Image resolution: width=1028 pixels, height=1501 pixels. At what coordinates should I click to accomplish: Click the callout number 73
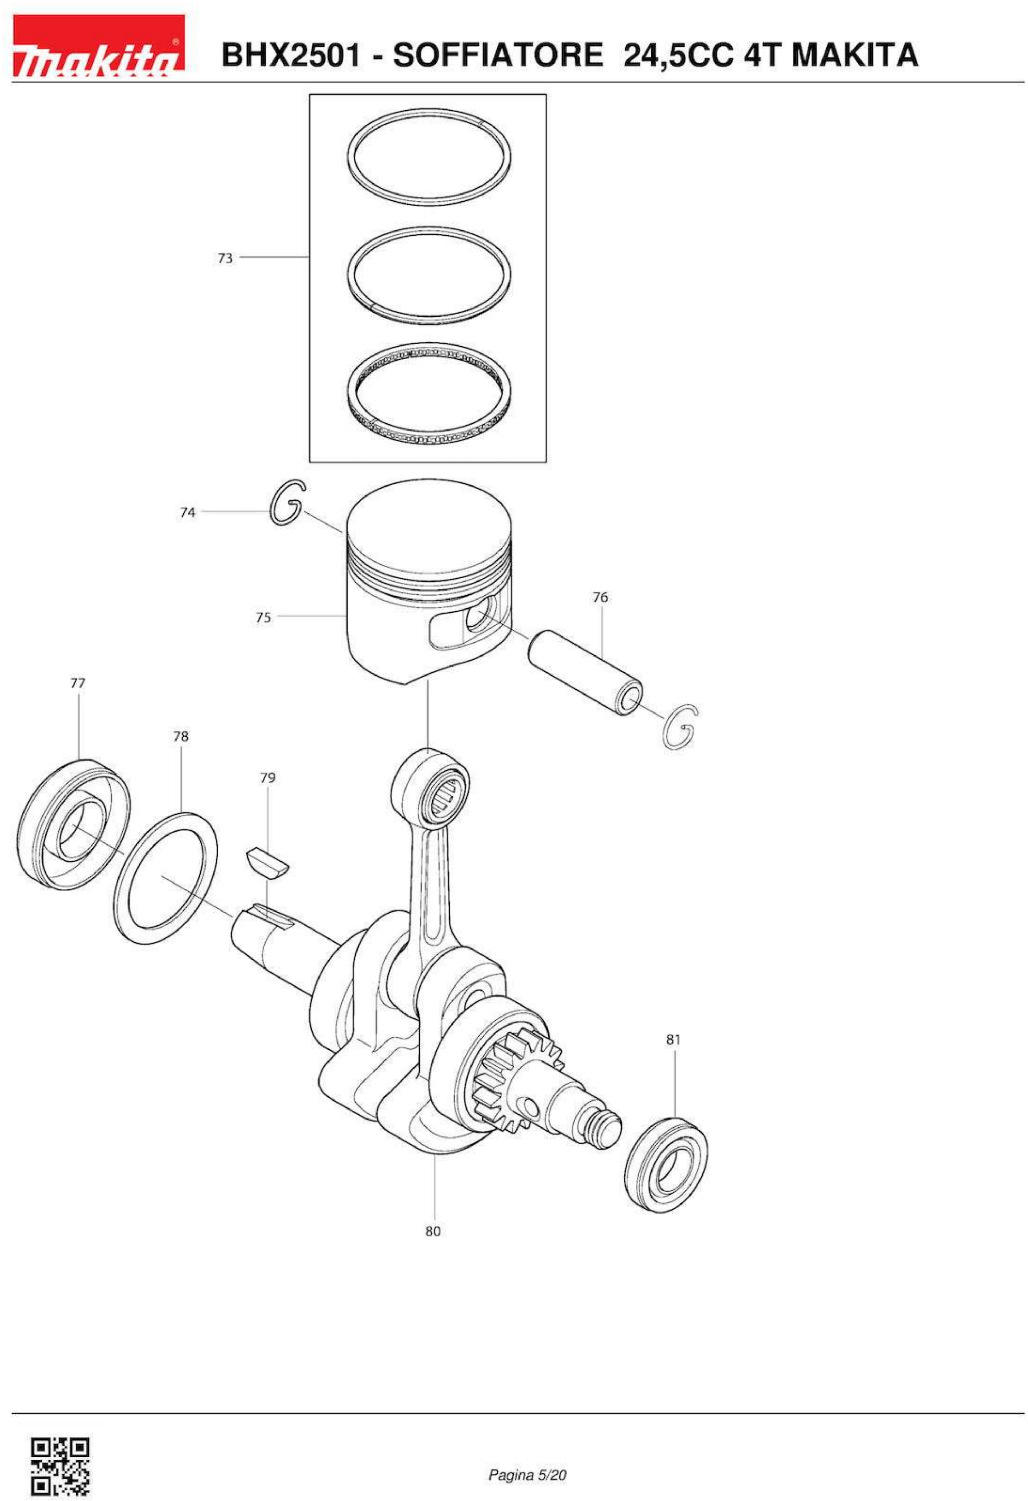click(225, 258)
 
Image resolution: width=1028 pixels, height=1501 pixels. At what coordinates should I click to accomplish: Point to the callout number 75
click(263, 617)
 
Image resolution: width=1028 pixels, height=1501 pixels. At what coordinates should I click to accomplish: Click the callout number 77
click(77, 683)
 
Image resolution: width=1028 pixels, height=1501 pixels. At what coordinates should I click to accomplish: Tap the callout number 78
click(181, 736)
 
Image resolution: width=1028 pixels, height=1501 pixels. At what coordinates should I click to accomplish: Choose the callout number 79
click(267, 778)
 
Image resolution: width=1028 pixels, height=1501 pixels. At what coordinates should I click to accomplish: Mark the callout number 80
click(432, 1231)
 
